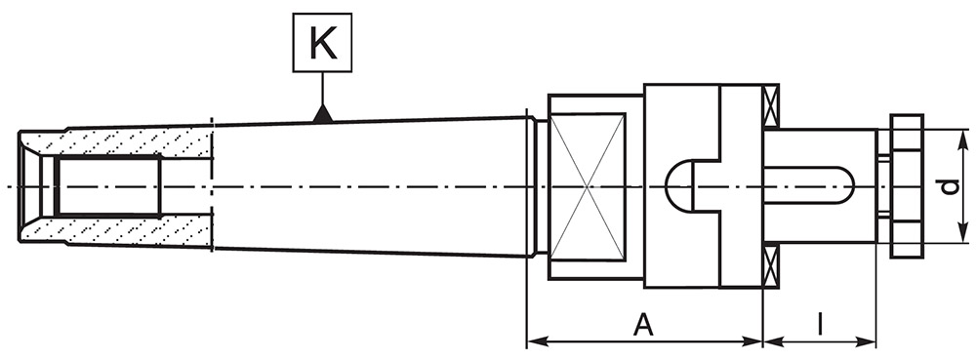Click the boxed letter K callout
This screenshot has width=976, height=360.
pos(322,42)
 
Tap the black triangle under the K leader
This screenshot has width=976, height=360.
pos(322,114)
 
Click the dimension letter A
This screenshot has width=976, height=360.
pos(643,325)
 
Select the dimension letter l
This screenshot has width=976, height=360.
pos(821,325)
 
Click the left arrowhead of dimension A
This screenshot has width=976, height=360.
pos(538,341)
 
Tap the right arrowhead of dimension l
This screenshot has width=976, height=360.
pos(866,341)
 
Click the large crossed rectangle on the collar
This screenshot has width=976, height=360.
pos(588,186)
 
